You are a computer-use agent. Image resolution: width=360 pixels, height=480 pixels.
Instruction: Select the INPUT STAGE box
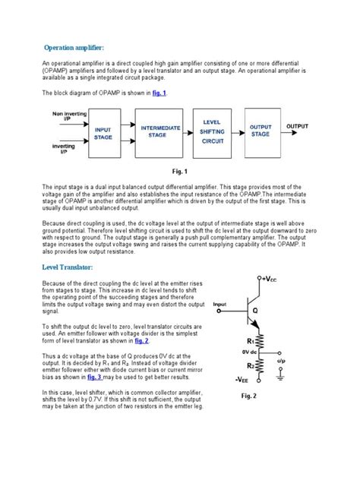[103, 134]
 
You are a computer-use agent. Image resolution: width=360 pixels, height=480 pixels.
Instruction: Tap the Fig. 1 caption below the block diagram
[180, 172]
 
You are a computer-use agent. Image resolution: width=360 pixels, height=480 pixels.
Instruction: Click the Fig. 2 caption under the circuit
[250, 396]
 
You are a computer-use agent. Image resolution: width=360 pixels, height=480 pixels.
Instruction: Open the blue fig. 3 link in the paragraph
[95, 376]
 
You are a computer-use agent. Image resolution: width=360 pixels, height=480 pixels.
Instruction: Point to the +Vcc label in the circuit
[270, 279]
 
